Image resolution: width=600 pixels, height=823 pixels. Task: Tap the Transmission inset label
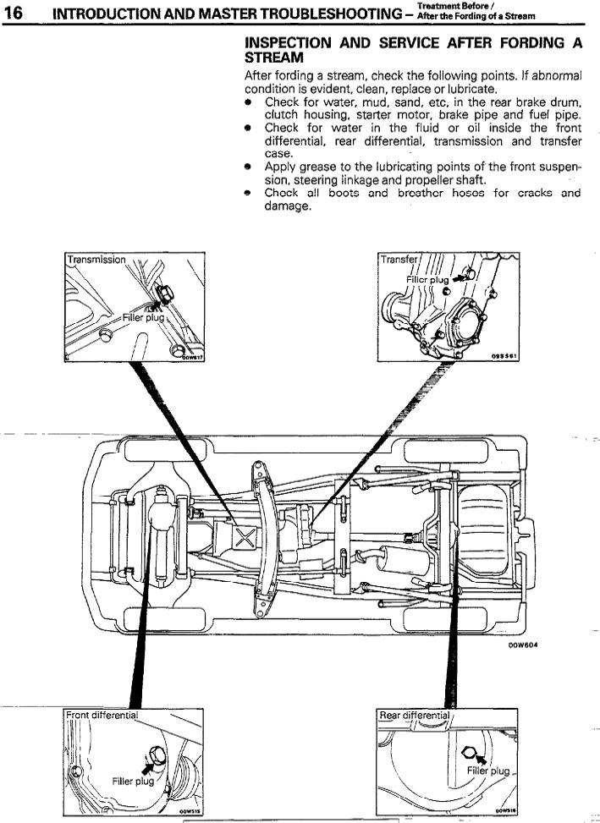96,260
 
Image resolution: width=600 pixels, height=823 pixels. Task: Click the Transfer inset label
395,260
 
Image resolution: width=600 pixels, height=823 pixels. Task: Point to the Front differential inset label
102,715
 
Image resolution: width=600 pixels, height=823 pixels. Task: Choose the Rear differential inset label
415,716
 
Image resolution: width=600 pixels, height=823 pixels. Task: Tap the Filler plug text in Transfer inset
427,279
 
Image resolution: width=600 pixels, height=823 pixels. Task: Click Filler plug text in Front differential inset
133,781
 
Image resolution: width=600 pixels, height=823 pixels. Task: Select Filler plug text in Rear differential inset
488,771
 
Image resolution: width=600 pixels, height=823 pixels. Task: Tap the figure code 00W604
523,645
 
